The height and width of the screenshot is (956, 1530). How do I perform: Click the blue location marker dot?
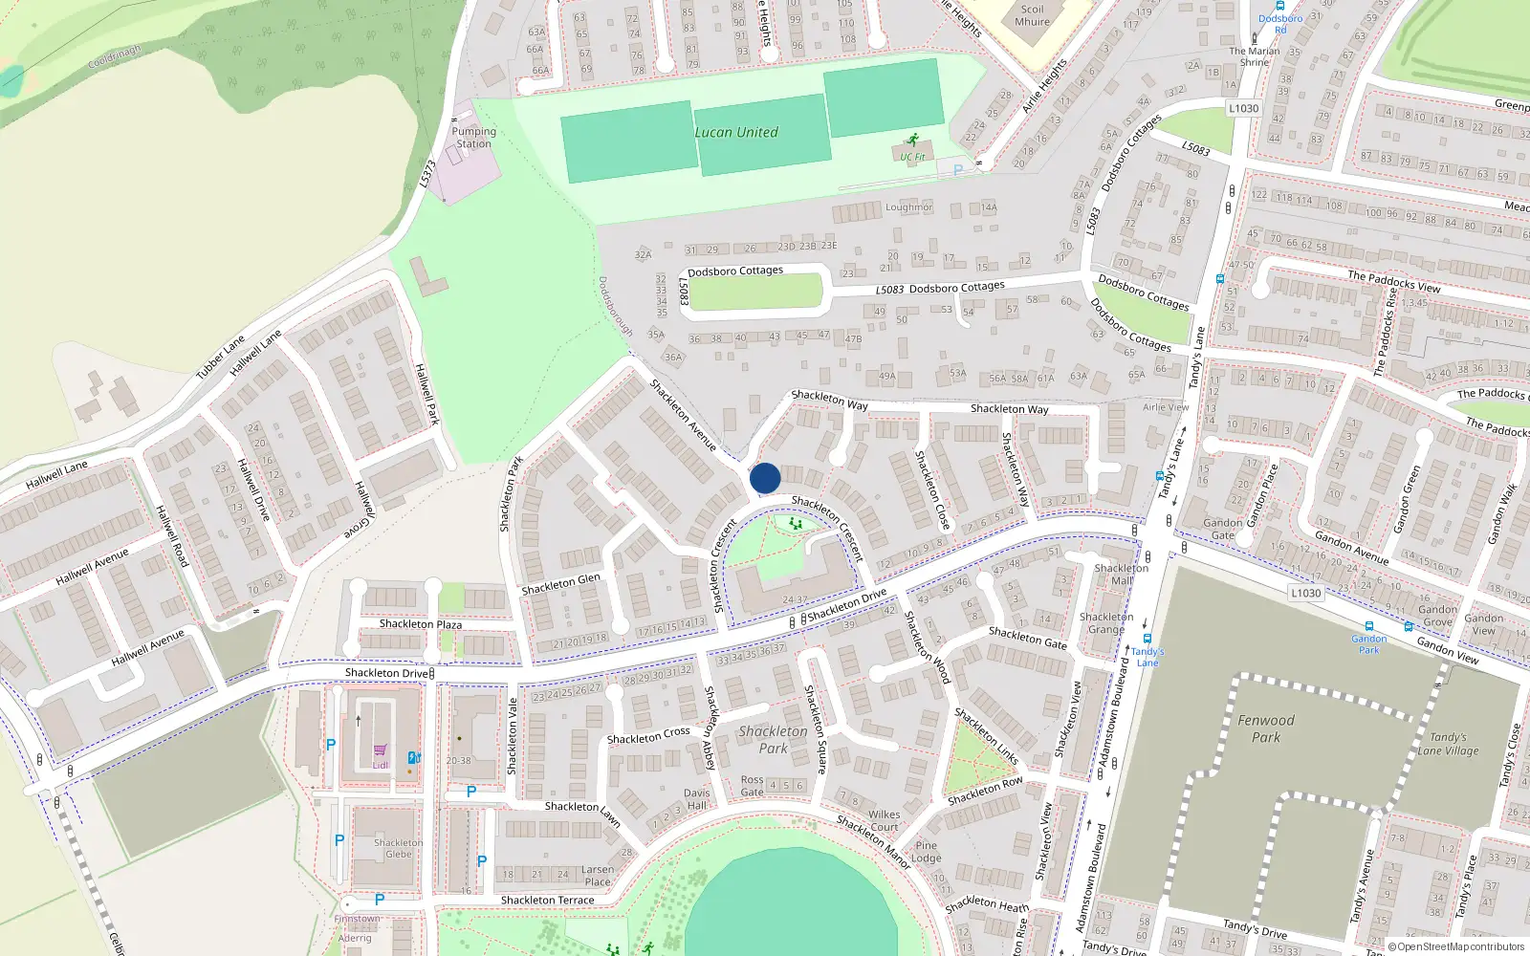pyautogui.click(x=765, y=478)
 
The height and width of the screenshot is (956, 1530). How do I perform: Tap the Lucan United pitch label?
pyautogui.click(x=736, y=133)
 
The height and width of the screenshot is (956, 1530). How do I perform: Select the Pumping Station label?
pyautogui.click(x=474, y=138)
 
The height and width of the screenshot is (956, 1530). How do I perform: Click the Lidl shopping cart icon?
pyautogui.click(x=381, y=750)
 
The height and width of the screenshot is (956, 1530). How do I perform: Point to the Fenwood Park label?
pyautogui.click(x=1266, y=728)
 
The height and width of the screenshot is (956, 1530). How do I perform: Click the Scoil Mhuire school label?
pyautogui.click(x=1032, y=15)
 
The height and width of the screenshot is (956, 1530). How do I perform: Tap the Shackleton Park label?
pyautogui.click(x=773, y=740)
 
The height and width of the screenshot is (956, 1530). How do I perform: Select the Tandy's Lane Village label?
pyautogui.click(x=1448, y=744)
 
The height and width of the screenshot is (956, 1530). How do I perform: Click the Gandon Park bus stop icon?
pyautogui.click(x=1369, y=627)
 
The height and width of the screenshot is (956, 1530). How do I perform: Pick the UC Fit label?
pyautogui.click(x=912, y=157)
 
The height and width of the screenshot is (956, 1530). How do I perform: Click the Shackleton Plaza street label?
pyautogui.click(x=421, y=624)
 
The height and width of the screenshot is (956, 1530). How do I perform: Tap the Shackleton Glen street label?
pyautogui.click(x=561, y=583)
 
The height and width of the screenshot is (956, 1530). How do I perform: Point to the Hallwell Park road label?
pyautogui.click(x=426, y=394)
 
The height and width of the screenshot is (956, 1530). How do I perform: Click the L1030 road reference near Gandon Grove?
pyautogui.click(x=1306, y=593)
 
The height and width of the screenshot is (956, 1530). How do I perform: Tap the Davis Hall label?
pyautogui.click(x=697, y=798)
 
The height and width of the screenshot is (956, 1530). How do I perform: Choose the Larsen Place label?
pyautogui.click(x=598, y=876)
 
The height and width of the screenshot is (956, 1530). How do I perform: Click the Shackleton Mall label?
pyautogui.click(x=1122, y=574)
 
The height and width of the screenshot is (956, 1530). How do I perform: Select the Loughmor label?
pyautogui.click(x=908, y=207)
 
